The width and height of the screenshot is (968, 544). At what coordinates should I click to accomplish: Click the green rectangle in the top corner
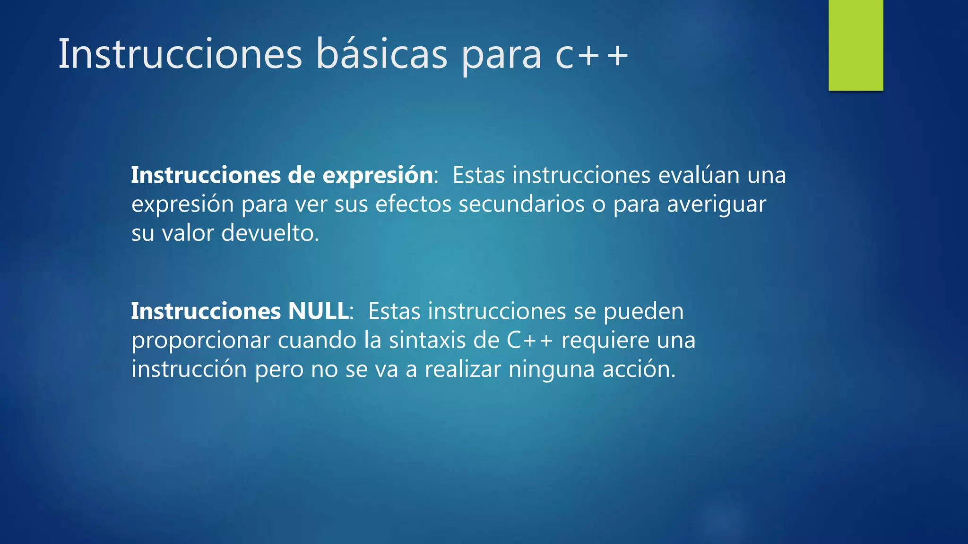click(856, 45)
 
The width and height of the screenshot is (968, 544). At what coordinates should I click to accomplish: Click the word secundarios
click(521, 204)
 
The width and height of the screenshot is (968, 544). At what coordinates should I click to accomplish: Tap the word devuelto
click(270, 233)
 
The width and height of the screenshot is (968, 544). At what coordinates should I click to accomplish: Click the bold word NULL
click(318, 311)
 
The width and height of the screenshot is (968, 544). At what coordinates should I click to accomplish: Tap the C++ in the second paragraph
click(529, 340)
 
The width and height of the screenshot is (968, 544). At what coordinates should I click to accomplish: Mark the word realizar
click(462, 369)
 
